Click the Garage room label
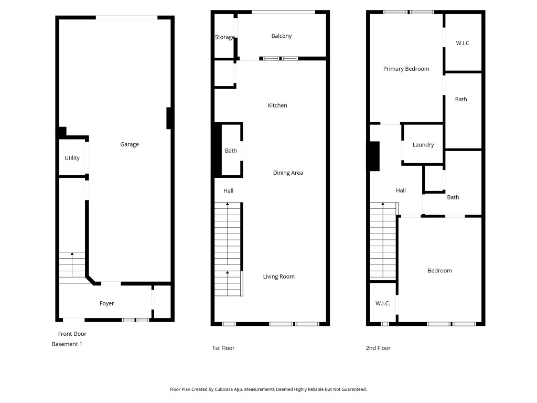tap(130, 144)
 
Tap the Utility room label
tap(72, 157)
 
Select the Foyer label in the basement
tap(106, 303)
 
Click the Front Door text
tap(72, 334)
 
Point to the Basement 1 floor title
tap(67, 344)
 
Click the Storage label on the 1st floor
tap(224, 37)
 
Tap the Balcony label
tap(281, 36)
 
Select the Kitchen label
tap(277, 105)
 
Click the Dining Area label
tap(288, 173)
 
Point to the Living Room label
tap(279, 277)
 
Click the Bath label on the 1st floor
tap(231, 151)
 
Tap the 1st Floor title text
tap(223, 348)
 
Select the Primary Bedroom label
tap(406, 69)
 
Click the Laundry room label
tap(423, 145)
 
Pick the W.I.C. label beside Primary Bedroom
tap(463, 43)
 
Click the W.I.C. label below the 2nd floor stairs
tap(382, 303)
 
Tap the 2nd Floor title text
tap(378, 348)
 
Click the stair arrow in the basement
tap(72, 264)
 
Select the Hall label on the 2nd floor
tap(401, 190)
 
